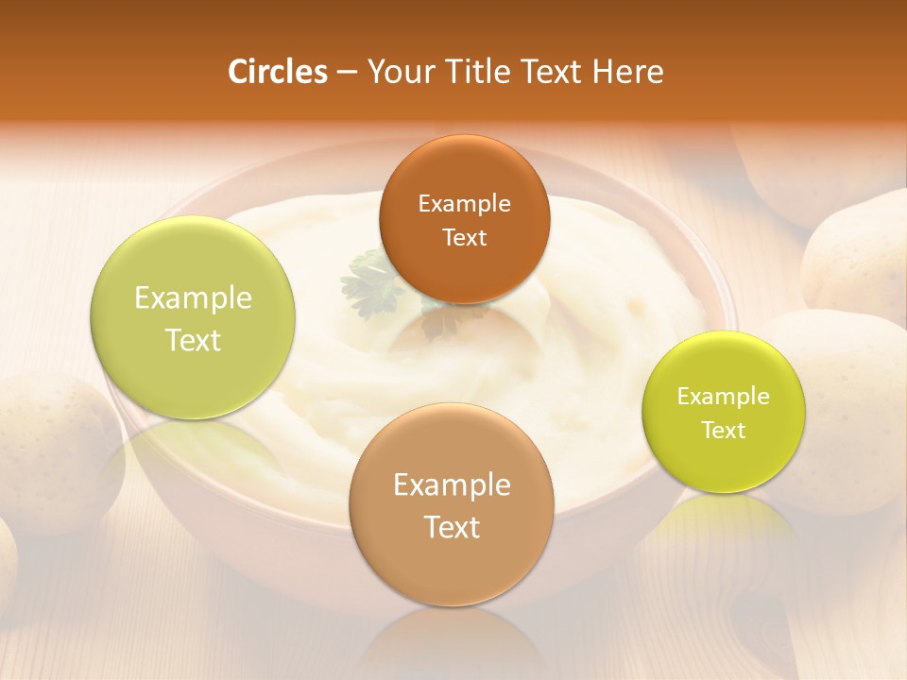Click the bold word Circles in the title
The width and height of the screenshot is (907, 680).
pyautogui.click(x=278, y=72)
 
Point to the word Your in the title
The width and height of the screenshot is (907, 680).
pyautogui.click(x=397, y=72)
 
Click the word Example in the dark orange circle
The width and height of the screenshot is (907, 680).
pyautogui.click(x=464, y=203)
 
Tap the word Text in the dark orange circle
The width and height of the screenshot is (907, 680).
pyautogui.click(x=464, y=237)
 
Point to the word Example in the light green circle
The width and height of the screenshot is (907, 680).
pyautogui.click(x=193, y=297)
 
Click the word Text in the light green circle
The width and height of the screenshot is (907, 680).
pyautogui.click(x=193, y=340)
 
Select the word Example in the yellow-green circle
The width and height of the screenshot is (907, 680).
pyautogui.click(x=724, y=396)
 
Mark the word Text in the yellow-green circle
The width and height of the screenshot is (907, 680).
pyautogui.click(x=724, y=430)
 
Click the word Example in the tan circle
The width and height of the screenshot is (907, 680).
pyautogui.click(x=452, y=484)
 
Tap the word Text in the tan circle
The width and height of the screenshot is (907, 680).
pyautogui.click(x=452, y=527)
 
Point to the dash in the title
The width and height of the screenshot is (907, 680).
pyautogui.click(x=346, y=72)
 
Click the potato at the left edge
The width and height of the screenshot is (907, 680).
pyautogui.click(x=52, y=444)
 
